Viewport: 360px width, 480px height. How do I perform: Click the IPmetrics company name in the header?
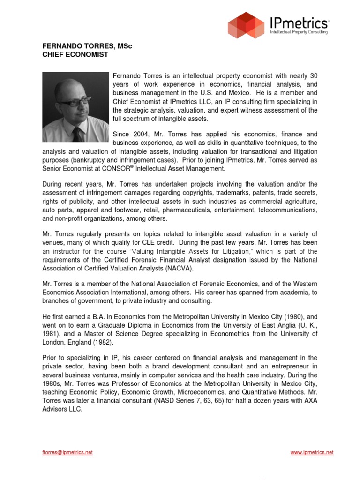click(x=299, y=22)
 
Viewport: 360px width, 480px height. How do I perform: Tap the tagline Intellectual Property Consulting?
click(x=299, y=32)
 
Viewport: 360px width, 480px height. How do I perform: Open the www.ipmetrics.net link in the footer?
click(x=312, y=452)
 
